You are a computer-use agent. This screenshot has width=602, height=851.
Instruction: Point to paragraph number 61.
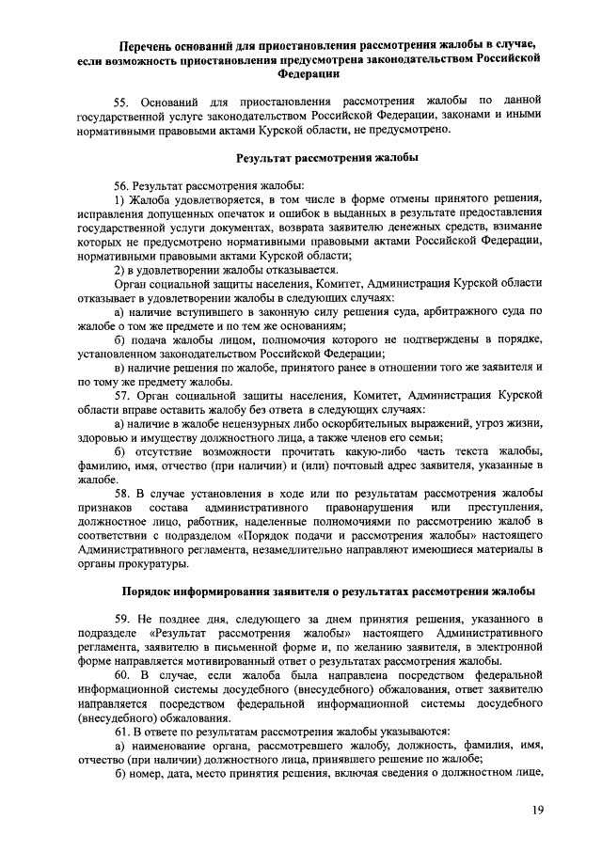pos(123,730)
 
